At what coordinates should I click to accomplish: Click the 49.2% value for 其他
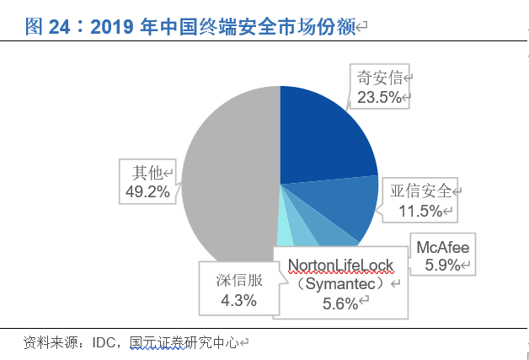click(147, 191)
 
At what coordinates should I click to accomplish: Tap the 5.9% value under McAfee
click(441, 266)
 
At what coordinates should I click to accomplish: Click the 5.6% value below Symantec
click(340, 304)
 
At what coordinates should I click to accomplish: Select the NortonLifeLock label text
click(340, 266)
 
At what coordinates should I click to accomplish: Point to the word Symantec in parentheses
click(340, 286)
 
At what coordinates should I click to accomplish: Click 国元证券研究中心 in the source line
click(184, 343)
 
